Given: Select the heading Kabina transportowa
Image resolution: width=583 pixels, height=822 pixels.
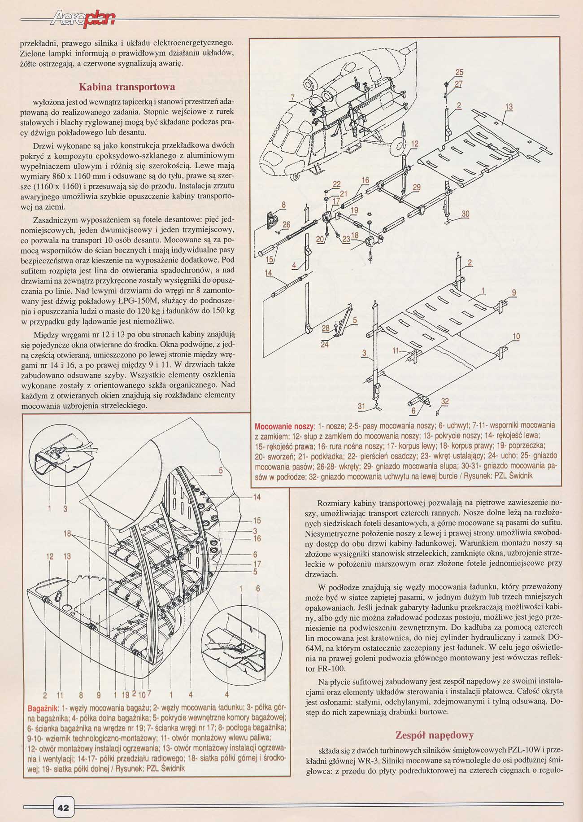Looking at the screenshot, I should click(127, 87).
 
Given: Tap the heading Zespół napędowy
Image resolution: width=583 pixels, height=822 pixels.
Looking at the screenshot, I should click(435, 735).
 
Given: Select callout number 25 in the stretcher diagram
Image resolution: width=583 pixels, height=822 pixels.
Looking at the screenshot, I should click(459, 73).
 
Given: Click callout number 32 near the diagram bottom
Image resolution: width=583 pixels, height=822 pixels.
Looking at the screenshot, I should click(444, 402).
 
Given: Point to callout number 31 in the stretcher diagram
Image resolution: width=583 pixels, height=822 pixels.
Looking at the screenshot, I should click(361, 406).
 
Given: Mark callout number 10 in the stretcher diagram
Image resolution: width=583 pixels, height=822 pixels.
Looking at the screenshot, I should click(516, 336).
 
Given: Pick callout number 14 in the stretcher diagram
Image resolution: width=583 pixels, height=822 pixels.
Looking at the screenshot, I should click(268, 273).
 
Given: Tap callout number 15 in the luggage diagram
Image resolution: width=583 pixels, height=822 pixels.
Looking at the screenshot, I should click(257, 521).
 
